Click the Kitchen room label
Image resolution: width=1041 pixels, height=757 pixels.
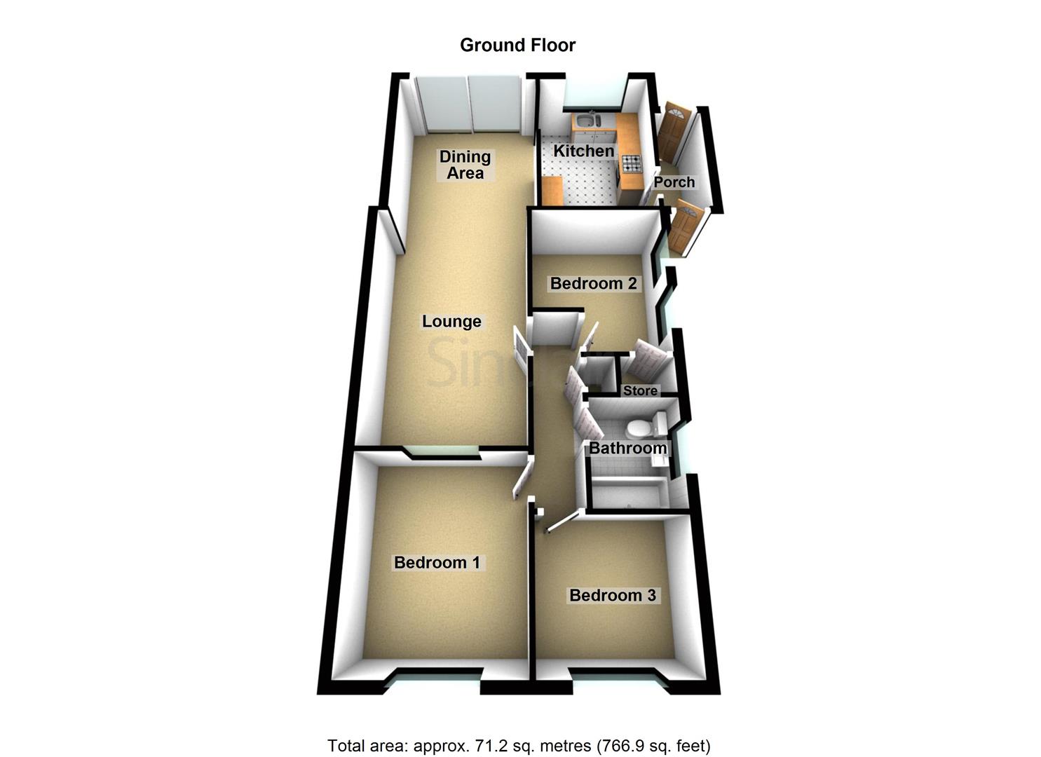tap(583, 151)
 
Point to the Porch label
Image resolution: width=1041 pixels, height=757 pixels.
tap(674, 182)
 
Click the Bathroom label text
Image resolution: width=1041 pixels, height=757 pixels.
tap(627, 448)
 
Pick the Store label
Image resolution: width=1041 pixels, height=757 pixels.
tap(640, 390)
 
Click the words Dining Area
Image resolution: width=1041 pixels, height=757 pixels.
tap(465, 165)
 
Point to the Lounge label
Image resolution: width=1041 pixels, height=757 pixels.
tap(451, 322)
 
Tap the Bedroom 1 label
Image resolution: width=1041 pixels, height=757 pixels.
tap(437, 562)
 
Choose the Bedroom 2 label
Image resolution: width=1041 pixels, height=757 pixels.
tap(593, 283)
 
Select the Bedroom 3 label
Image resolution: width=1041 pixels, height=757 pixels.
tap(613, 596)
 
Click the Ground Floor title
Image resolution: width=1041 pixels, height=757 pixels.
tap(517, 46)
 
